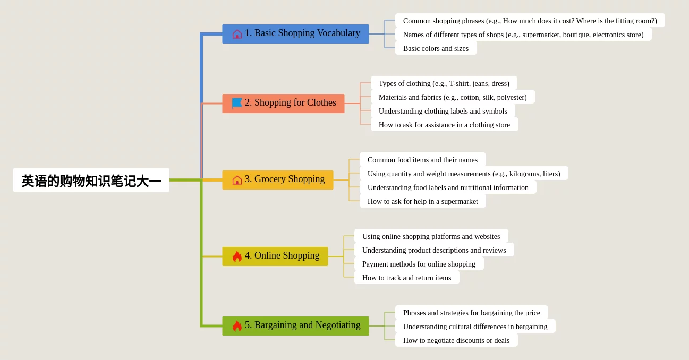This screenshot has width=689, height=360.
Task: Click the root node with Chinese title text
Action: pyautogui.click(x=91, y=180)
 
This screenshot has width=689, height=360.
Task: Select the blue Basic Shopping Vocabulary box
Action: pyautogui.click(x=295, y=34)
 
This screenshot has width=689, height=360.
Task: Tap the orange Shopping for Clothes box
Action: pyautogui.click(x=283, y=104)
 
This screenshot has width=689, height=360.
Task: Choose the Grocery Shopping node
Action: pyautogui.click(x=278, y=180)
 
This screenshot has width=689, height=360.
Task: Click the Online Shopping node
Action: pyautogui.click(x=275, y=256)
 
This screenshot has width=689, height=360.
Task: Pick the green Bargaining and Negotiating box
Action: pyautogui.click(x=295, y=326)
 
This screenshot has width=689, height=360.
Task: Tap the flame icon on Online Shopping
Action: pyautogui.click(x=237, y=256)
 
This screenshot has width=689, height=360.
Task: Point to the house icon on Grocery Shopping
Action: pyautogui.click(x=237, y=180)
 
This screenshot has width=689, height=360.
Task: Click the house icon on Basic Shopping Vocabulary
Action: pyautogui.click(x=237, y=34)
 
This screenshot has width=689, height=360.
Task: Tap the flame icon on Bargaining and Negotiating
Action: pyautogui.click(x=237, y=326)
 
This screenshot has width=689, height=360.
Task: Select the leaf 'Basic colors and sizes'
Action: pyautogui.click(x=436, y=48)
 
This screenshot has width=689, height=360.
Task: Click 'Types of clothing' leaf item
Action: pyautogui.click(x=444, y=83)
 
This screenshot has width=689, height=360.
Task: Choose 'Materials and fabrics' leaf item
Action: pyautogui.click(x=453, y=97)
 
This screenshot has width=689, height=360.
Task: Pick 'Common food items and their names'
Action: pyautogui.click(x=423, y=159)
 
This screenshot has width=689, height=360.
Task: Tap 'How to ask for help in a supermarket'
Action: pyautogui.click(x=423, y=201)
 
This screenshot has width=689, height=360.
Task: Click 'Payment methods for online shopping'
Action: pyautogui.click(x=419, y=263)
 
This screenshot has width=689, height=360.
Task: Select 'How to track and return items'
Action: pyautogui.click(x=406, y=277)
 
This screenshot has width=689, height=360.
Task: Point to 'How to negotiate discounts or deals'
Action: pyautogui.click(x=456, y=340)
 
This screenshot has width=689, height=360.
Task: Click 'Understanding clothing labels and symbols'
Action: pyautogui.click(x=443, y=110)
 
